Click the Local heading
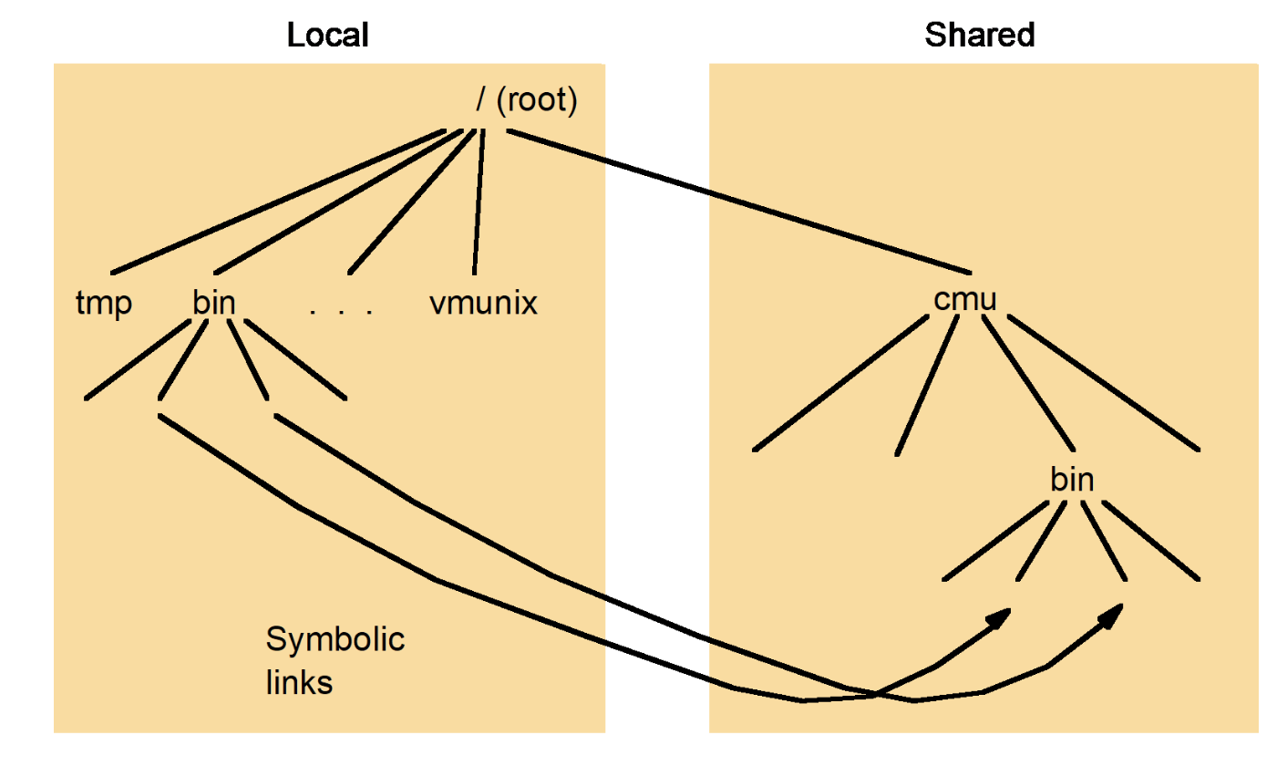(x=327, y=36)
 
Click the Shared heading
(x=980, y=36)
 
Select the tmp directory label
(x=103, y=304)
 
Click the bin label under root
(x=214, y=304)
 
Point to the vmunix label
(x=483, y=304)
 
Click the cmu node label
(x=965, y=300)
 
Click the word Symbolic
(x=335, y=640)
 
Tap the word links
(x=299, y=683)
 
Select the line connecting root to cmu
(x=738, y=201)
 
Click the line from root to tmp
(x=273, y=202)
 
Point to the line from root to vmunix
(x=478, y=201)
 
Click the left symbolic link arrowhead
(x=1001, y=617)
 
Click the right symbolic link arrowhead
(x=1110, y=616)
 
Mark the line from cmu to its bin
(x=1030, y=383)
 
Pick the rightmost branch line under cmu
(x=1103, y=383)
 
